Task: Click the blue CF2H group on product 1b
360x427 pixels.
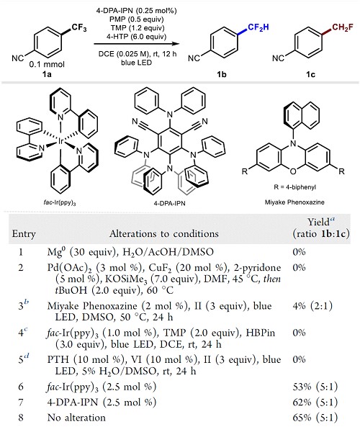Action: coord(258,27)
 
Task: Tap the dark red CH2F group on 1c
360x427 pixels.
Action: coord(343,27)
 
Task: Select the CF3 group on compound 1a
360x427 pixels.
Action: coord(79,27)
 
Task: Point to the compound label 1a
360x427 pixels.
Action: coord(47,73)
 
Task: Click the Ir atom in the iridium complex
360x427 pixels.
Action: coord(60,141)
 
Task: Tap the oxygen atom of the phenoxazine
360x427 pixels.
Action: coord(293,171)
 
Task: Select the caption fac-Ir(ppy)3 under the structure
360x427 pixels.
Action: coord(60,203)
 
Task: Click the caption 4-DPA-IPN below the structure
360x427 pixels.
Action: coord(169,203)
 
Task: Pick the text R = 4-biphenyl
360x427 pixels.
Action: coord(294,187)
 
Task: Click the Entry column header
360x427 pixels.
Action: coord(24,234)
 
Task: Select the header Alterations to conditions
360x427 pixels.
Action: coord(164,233)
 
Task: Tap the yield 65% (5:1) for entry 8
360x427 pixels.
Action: coord(315,418)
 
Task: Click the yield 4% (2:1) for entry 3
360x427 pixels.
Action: coord(312,306)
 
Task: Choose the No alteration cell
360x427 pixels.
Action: coord(76,418)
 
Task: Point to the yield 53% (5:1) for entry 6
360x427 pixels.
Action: coord(315,387)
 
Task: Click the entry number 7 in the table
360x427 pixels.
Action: coord(21,403)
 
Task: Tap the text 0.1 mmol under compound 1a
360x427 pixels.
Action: coord(47,65)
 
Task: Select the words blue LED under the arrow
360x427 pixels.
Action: coord(136,63)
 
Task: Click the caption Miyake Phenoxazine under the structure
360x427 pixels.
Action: coord(294,202)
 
